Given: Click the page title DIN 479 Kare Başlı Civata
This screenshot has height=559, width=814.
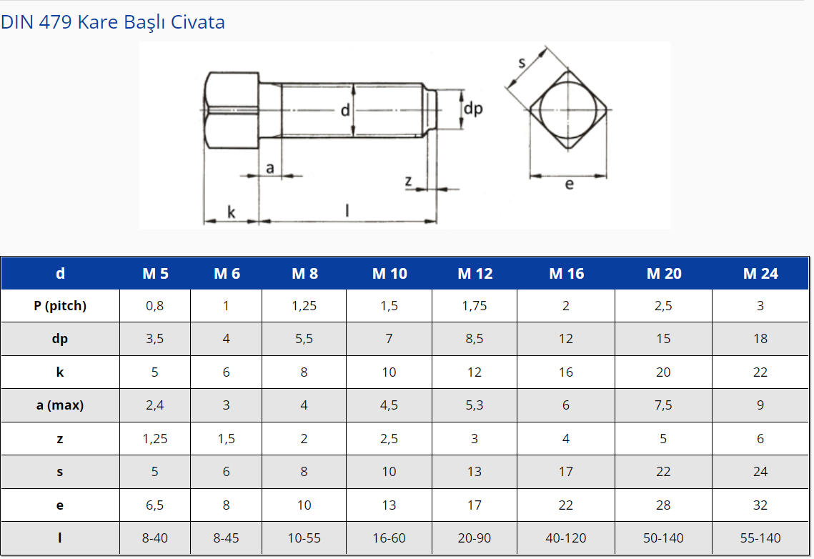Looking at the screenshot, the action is tap(113, 22).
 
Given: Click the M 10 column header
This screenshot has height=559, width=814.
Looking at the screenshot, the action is tap(389, 274).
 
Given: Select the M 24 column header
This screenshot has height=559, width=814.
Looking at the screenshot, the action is tap(760, 274).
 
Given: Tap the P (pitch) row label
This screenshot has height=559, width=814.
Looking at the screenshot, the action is tap(60, 306).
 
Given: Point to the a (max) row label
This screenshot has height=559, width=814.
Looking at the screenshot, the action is tap(60, 405).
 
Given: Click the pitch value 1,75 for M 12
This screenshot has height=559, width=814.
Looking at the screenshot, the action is tap(475, 306).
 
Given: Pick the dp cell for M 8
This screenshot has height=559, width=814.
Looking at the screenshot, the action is tap(304, 339).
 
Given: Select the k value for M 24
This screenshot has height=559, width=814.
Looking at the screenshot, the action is tap(760, 372).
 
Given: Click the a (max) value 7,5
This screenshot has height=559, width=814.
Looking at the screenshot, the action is tap(663, 405).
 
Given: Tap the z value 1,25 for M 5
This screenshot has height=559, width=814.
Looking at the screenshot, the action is tap(154, 439).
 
